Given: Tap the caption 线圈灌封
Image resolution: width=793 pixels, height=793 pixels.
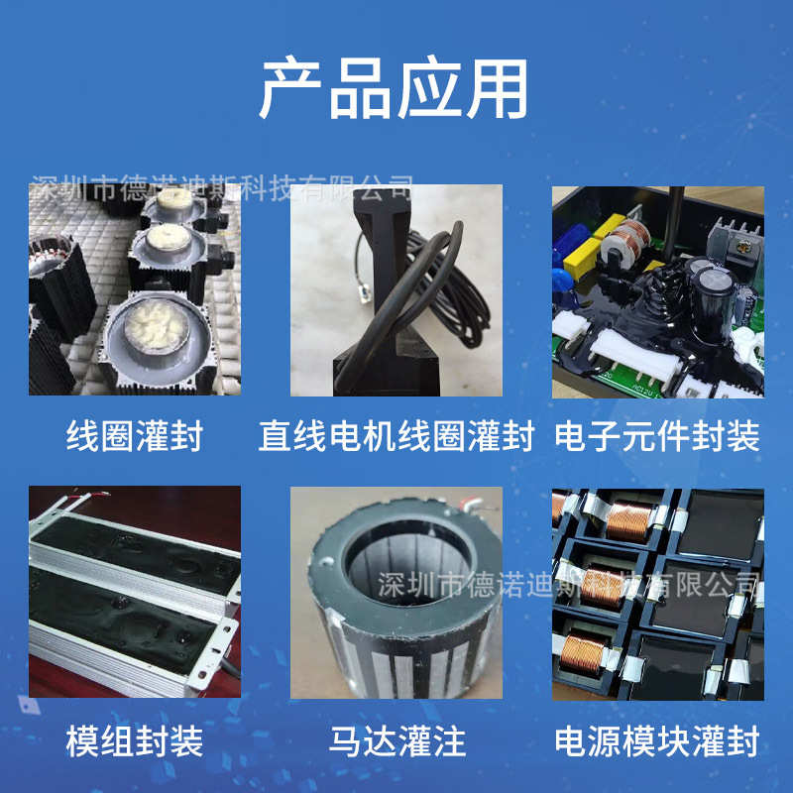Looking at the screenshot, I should pos(134,435).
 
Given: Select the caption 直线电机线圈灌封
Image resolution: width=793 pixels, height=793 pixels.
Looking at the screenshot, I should pos(396,435).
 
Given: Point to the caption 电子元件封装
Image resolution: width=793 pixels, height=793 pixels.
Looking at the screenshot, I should pos(657,435).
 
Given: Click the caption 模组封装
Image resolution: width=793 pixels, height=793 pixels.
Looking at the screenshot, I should pos(134,739).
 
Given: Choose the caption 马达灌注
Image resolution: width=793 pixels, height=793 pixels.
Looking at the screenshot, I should pos(396,739).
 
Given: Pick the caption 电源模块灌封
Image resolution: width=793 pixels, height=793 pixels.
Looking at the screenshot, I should pos(657,739).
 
